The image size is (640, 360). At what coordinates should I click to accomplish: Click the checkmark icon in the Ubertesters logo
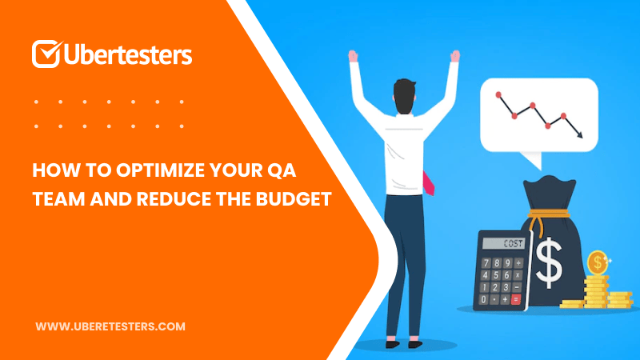47,54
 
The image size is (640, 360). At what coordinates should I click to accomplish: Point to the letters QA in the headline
282,170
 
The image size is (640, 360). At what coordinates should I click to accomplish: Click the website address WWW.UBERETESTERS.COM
110,326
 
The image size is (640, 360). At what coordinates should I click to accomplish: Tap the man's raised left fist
353,56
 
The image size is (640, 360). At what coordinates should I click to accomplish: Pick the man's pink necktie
428,184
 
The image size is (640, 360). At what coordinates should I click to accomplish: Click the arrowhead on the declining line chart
578,134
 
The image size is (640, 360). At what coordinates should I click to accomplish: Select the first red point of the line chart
498,95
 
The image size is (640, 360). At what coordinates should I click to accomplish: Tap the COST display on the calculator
503,243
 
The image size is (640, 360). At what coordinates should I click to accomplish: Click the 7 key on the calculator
486,263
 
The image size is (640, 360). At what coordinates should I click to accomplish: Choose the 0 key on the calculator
484,299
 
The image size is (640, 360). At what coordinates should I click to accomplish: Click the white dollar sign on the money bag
549,262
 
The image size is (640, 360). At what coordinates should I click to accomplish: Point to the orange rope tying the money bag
547,216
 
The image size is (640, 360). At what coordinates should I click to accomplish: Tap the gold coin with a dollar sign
598,262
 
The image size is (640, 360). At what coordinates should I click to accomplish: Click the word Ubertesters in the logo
128,54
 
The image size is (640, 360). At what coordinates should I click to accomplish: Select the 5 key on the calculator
496,275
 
